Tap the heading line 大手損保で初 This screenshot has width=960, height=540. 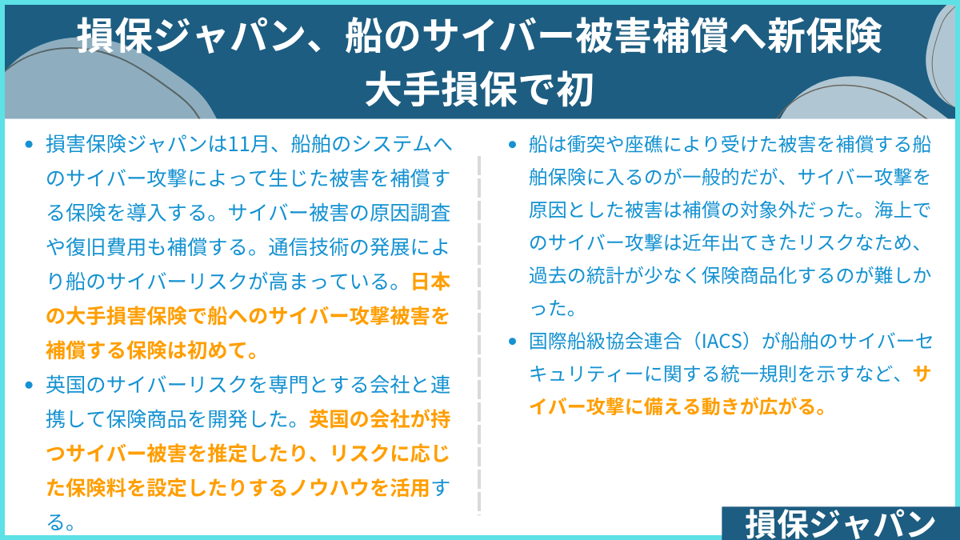479,89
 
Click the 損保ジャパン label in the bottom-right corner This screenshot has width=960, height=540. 841,524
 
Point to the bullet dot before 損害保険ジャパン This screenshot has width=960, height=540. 29,145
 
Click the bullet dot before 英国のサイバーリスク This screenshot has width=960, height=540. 29,386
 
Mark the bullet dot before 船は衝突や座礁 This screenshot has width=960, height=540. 512,145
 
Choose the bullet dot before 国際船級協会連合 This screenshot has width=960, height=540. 512,342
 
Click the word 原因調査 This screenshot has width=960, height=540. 410,213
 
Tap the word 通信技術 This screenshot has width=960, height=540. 309,247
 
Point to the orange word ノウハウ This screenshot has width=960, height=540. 329,488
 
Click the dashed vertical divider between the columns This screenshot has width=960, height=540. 479,335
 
